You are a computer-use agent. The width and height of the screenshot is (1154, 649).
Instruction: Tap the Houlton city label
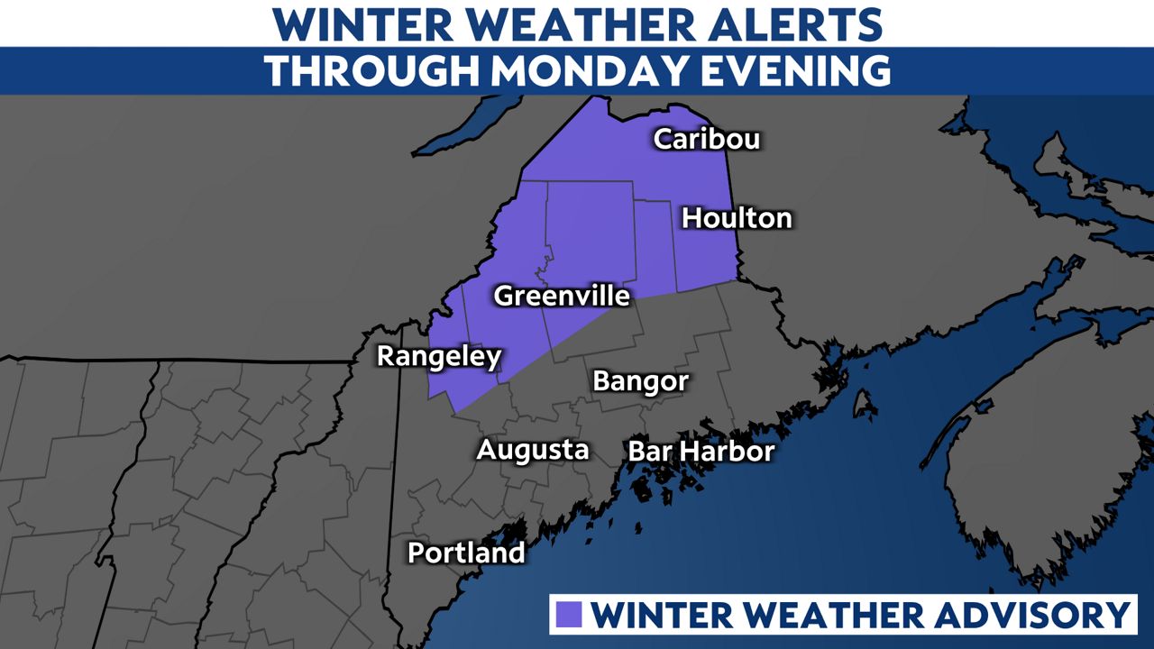737,217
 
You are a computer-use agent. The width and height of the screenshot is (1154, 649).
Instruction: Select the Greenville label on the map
561,296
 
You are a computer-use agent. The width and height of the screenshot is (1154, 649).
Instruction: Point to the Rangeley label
438,356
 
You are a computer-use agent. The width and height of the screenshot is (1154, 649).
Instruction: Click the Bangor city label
640,380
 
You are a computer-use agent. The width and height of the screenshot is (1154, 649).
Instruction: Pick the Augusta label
532,449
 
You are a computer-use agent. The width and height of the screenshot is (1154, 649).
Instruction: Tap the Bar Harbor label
701,451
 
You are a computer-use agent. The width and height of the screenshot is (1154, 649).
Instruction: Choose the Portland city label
465,552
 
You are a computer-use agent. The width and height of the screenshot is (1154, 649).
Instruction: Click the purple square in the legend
572,615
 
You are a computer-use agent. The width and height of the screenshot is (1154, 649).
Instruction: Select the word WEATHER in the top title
541,24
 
